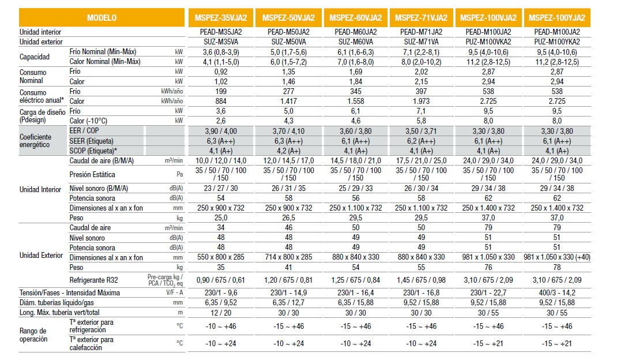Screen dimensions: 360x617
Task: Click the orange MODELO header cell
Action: pos(101,18)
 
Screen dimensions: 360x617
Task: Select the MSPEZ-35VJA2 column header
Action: pos(223,18)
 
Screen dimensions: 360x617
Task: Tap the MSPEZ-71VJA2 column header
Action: pos(422,18)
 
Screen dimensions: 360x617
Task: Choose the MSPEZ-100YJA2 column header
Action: pos(556,18)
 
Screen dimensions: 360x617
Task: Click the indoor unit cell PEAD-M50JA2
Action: pos(289,32)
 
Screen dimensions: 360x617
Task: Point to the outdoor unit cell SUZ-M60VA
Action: pos(355,42)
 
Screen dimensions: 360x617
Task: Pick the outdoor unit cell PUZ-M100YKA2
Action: pos(556,42)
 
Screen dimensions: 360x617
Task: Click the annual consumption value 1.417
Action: pos(289,102)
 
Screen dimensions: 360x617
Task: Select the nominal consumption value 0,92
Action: pos(221,72)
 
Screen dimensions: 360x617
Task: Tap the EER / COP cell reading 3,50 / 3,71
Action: pos(422,132)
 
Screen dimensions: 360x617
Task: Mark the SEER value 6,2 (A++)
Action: pos(422,141)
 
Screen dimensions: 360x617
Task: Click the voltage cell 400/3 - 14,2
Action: pos(556,293)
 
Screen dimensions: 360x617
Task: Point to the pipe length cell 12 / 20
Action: pos(221,313)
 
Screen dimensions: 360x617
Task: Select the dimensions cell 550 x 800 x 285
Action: pos(221,257)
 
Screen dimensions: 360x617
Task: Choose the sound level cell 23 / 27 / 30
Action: pos(221,188)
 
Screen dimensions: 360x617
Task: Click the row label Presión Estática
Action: pos(92,174)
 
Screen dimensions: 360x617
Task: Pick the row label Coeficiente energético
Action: pos(36,141)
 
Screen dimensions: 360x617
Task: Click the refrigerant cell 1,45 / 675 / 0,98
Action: pos(422,280)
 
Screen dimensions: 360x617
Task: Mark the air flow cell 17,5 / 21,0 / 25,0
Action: pos(422,160)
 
